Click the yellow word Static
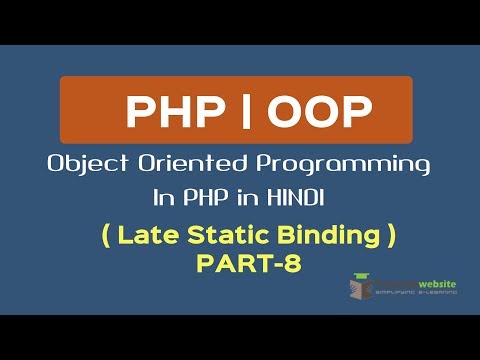(x=220, y=237)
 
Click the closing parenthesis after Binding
(x=392, y=238)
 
